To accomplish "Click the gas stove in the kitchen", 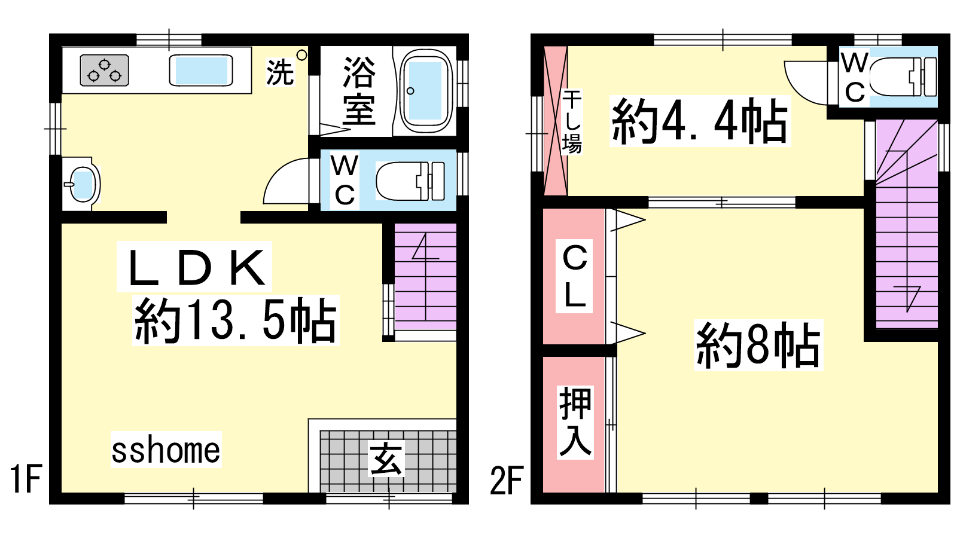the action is pos(104,71).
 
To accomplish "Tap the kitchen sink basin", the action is pos(201,71).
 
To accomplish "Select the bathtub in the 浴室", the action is pos(425,90).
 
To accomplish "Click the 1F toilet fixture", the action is pos(410,181).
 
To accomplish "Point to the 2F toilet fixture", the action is pos(903,77).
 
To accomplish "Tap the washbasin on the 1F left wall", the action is pos(83,185).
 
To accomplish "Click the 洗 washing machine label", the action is pos(280,72).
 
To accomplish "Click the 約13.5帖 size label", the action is pos(236,320).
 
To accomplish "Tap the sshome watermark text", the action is pos(166,450).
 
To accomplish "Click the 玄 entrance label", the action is pos(386,459).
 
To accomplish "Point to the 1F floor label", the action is pos(26,479).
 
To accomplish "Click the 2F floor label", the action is pos(507,481).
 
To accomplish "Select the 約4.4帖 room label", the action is pos(700,121).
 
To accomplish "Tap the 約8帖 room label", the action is pos(758,345).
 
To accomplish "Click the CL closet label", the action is pos(574,276).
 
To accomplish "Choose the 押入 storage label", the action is pos(575,422).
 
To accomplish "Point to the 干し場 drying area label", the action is pos(572,122).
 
